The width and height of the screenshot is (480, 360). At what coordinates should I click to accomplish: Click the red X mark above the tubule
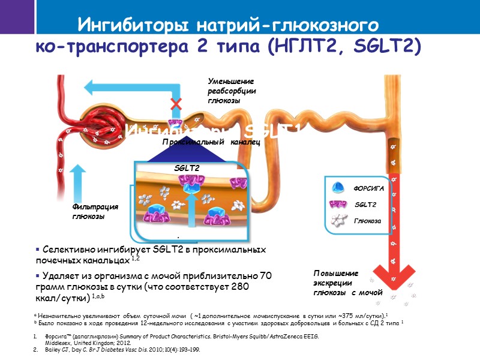pos(176,104)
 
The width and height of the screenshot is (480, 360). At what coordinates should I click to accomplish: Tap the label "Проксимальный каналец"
pos(211,142)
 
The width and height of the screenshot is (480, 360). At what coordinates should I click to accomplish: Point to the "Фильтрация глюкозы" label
pos(95,212)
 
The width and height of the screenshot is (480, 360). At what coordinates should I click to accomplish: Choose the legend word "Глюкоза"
pos(367,220)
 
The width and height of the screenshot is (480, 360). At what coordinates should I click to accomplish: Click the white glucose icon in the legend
pos(340,220)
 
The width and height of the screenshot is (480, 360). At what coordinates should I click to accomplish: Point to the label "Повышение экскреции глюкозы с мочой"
pos(347,283)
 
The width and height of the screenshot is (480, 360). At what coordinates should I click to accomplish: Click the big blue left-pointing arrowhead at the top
pos(94,88)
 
